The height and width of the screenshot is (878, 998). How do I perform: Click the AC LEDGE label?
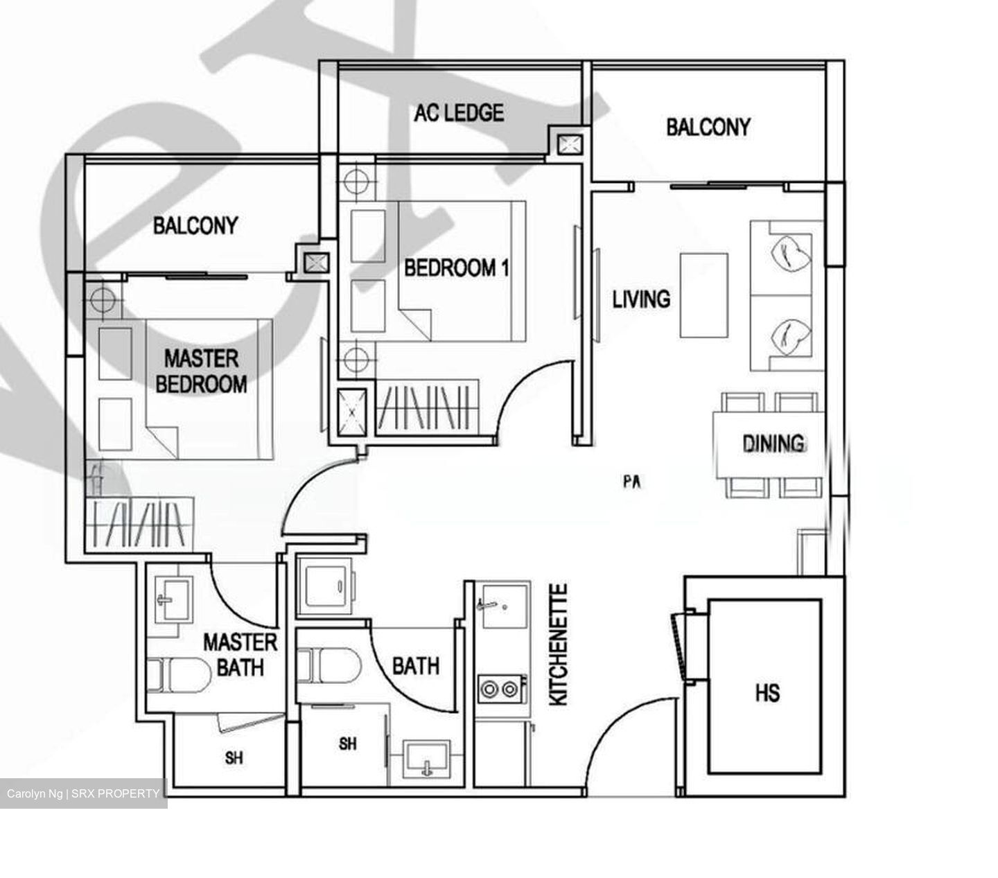459,112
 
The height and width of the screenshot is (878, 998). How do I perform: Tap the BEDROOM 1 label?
456,267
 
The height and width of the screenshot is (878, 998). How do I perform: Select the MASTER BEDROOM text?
201,371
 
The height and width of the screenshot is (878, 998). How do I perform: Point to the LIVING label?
641,299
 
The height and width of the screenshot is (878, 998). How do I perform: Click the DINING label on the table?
773,443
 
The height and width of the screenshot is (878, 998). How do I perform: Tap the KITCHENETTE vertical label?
559,644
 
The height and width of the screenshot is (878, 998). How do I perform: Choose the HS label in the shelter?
767,692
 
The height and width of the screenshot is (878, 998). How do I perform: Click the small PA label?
631,482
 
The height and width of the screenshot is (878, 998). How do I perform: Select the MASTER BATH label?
240,654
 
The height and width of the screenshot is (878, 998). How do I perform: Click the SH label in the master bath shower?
234,758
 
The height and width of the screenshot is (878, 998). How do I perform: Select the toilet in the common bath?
329,666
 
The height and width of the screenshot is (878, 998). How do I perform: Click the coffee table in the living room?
703,295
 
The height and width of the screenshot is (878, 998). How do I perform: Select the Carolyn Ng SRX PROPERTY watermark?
83,793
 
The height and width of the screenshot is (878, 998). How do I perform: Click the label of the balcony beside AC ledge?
708,127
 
